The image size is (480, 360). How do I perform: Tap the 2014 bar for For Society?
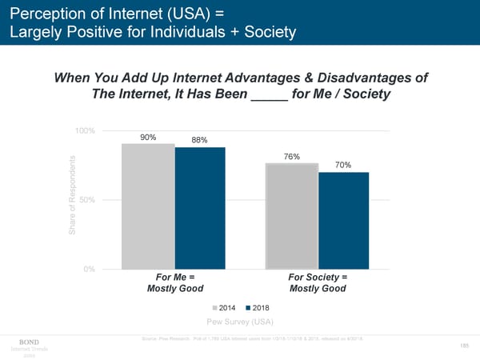292,216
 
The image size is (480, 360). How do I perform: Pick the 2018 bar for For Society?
343,220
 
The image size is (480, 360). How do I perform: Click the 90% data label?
148,137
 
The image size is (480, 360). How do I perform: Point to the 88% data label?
200,141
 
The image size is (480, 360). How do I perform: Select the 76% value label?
292,157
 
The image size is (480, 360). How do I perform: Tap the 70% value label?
344,165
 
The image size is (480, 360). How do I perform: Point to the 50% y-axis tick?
88,199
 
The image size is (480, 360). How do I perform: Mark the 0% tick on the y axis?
90,269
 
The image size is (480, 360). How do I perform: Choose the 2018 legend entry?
261,307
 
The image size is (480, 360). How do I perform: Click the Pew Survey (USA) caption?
240,322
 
